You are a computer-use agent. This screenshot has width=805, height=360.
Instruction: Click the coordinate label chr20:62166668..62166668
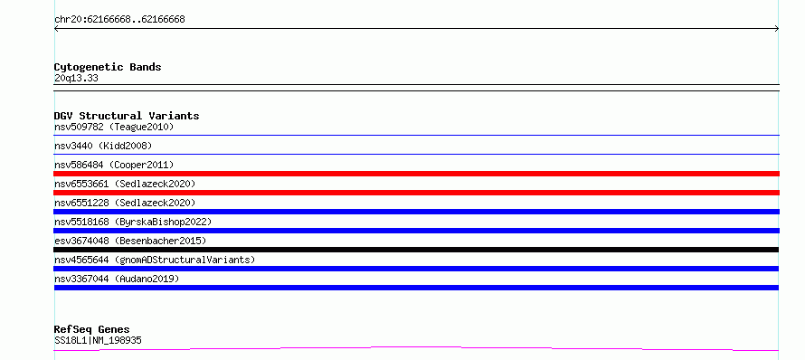119,20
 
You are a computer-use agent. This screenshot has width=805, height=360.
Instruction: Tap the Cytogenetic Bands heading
108,67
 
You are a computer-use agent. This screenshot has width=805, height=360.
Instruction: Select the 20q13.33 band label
76,79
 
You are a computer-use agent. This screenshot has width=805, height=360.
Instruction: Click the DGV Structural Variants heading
127,116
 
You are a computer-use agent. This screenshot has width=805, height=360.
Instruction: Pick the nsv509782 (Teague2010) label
114,127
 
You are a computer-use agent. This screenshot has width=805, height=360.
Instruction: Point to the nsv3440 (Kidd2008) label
103,146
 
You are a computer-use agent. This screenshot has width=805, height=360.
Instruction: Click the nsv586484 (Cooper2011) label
114,165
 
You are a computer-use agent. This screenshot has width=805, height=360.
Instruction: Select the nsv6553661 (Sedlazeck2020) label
125,184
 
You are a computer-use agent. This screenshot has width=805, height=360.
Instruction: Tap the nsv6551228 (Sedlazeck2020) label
125,203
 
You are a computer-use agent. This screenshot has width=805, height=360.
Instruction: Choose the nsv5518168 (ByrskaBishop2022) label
133,222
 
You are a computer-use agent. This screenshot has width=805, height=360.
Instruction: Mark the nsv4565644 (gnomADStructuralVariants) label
155,260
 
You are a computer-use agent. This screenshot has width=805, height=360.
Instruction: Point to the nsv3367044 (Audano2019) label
117,279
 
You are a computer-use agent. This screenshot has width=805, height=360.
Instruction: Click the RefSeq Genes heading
92,329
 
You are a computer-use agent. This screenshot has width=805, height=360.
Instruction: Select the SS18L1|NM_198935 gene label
98,340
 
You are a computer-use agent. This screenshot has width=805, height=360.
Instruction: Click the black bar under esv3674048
416,250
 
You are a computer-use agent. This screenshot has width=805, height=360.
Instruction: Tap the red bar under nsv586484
416,174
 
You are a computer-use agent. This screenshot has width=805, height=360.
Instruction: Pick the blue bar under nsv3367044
416,288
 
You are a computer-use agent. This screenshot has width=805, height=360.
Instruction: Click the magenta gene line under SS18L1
416,349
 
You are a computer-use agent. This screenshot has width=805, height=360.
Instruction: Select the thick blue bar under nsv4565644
416,269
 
